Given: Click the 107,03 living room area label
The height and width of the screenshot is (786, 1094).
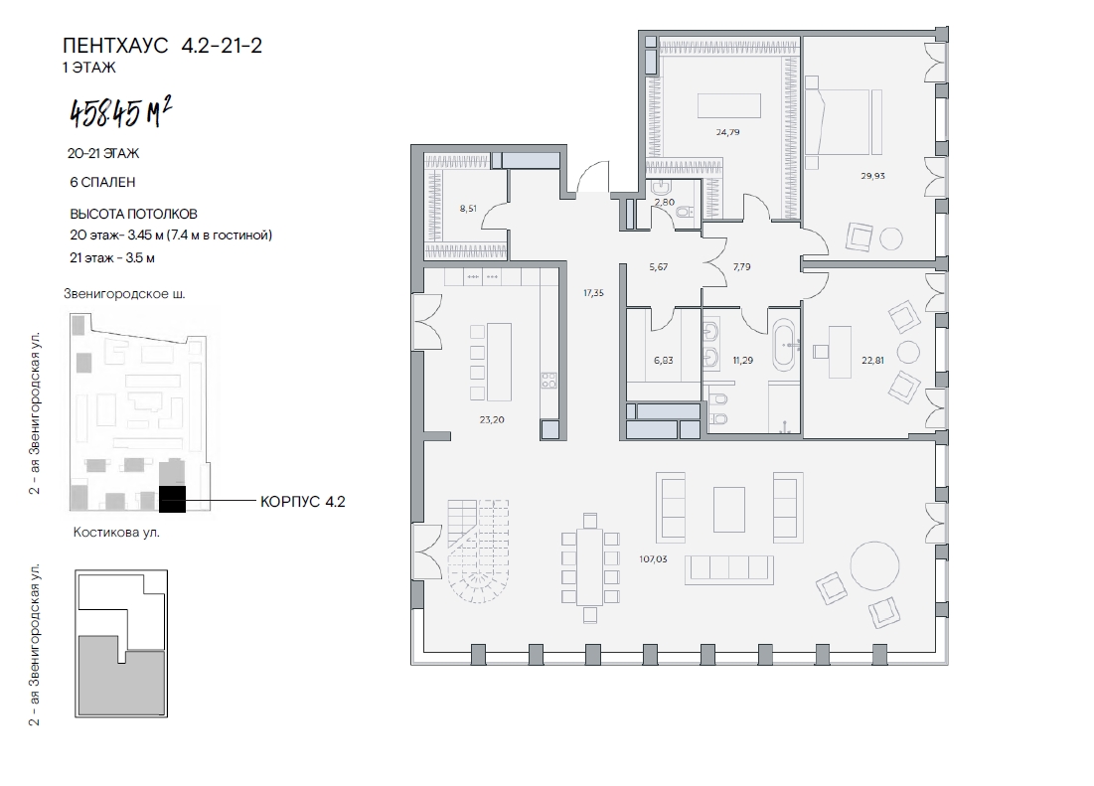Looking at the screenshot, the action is tap(653, 558).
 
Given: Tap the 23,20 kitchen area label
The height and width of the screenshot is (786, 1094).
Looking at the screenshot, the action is tap(492, 420).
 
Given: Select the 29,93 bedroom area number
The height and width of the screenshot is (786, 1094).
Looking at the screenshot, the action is tap(872, 176).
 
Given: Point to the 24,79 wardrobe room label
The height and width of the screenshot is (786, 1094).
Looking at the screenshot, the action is tap(727, 132).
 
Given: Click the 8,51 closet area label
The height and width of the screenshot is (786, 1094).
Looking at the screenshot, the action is tap(468, 208).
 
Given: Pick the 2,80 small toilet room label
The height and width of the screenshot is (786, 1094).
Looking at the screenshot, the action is tap(665, 203).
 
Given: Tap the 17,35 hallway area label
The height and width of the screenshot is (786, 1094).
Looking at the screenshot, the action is tap(594, 293).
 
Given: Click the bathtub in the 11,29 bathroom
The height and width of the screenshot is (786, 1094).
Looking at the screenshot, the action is tap(786, 344).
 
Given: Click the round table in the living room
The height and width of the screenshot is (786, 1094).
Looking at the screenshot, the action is tap(874, 565).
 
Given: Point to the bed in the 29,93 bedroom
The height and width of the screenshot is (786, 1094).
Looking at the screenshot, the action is tap(843, 122).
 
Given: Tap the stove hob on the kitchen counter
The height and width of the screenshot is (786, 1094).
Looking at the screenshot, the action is tap(548, 381).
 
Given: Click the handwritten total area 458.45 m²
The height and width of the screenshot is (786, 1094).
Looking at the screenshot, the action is tap(120, 113).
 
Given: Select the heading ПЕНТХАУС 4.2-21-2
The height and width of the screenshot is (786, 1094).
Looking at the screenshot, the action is tap(163, 46).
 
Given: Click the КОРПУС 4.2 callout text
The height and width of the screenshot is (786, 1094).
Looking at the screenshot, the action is tap(303, 502).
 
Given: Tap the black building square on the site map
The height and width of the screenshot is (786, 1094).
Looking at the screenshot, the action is tap(172, 500).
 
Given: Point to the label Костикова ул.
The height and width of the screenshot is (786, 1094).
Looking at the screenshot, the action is tap(116, 533).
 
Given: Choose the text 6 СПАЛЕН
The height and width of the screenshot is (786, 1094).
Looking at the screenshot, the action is tap(102, 182).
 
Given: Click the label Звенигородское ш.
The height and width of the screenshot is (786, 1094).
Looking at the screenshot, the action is tap(125, 293).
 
